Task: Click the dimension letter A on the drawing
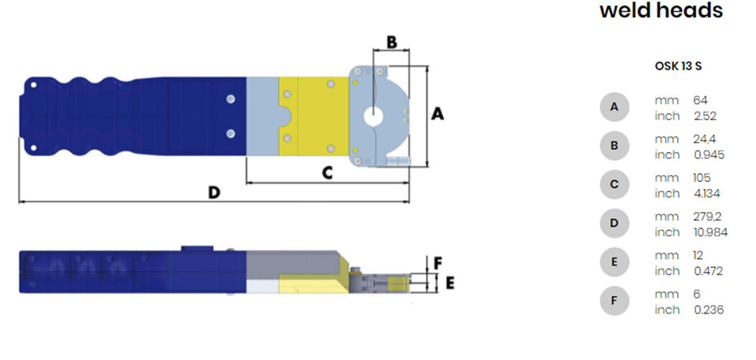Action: (437, 114)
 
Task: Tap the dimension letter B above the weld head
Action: (392, 42)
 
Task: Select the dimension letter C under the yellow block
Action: (328, 173)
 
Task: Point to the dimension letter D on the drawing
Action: (214, 192)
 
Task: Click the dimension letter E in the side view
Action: (450, 284)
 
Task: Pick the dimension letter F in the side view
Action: (438, 263)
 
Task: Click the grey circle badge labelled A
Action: (614, 106)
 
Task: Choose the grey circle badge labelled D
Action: (614, 223)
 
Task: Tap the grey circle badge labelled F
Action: (614, 301)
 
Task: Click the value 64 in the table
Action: (700, 100)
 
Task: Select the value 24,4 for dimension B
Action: (704, 139)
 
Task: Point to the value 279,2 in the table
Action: (707, 217)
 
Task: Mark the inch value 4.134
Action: (707, 194)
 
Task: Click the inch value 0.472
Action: (708, 271)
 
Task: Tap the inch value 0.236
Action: (709, 310)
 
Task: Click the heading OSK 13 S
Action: (678, 67)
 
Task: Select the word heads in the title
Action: (691, 9)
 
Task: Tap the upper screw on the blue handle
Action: (231, 99)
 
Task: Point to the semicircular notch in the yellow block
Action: (285, 117)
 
